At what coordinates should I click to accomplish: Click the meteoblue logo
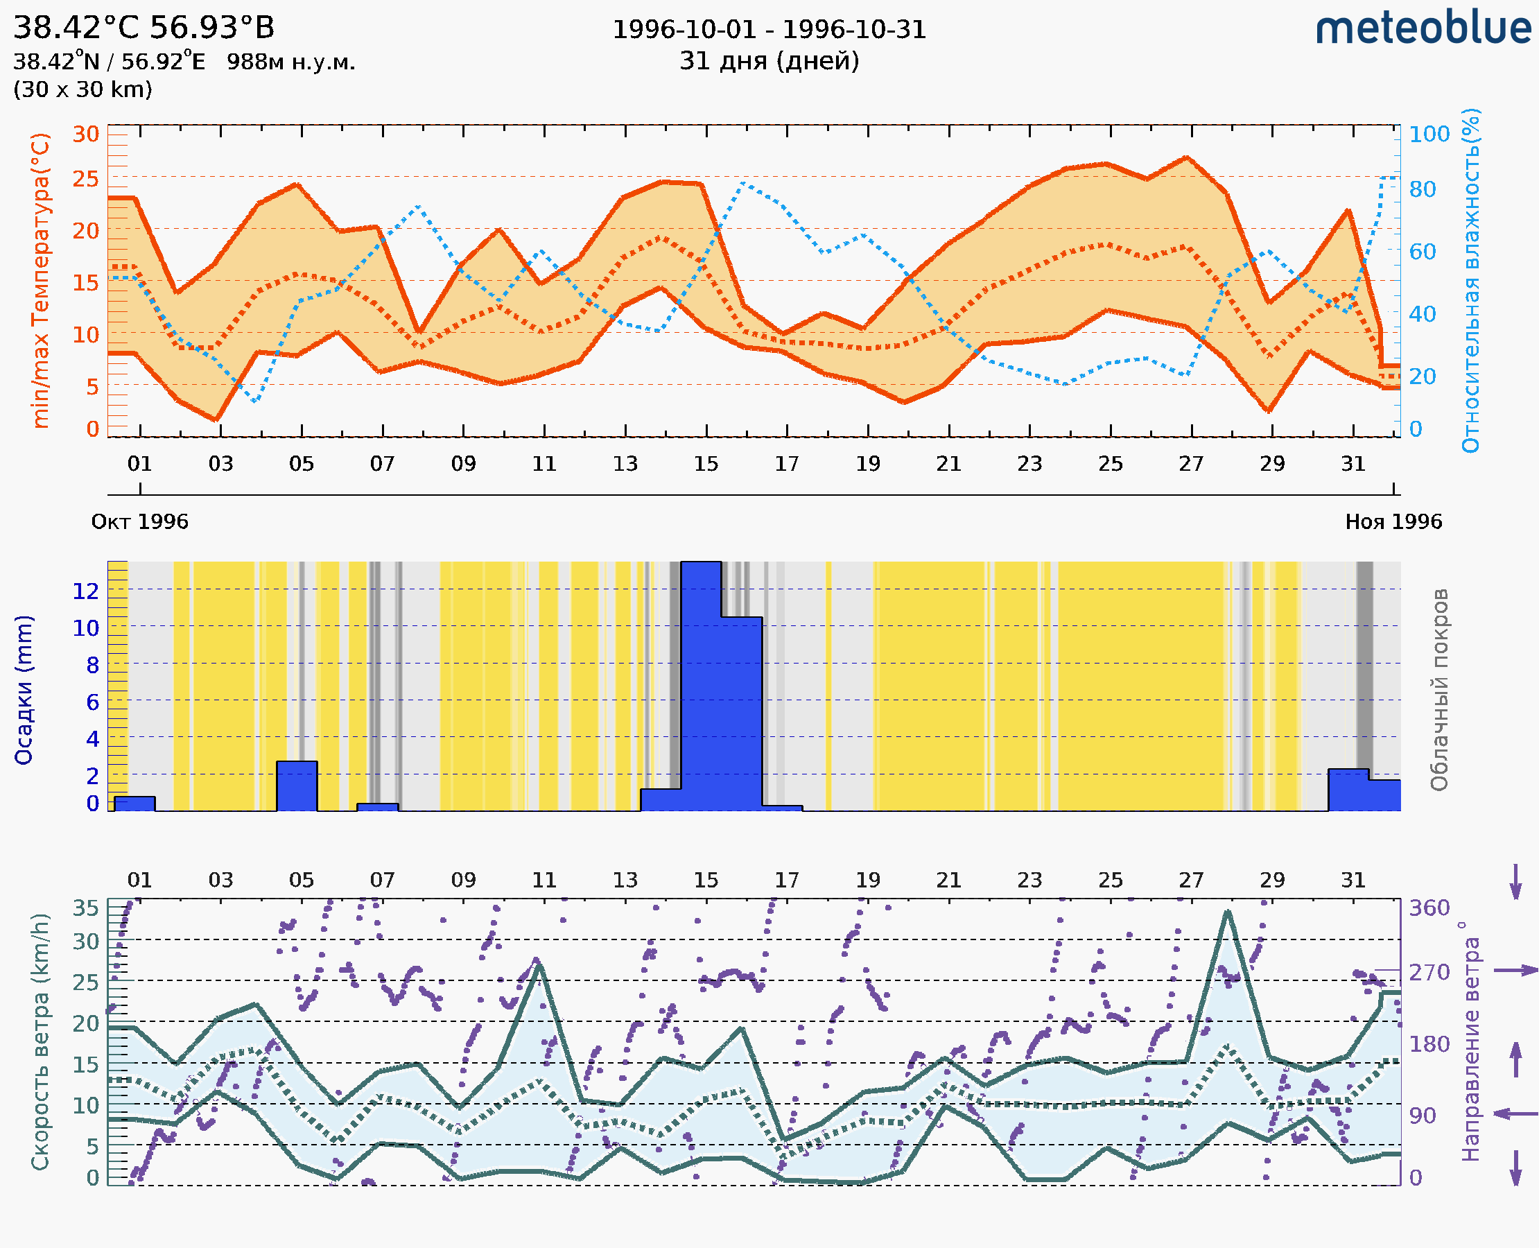[x=1423, y=28]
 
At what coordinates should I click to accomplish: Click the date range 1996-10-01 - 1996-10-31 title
[x=768, y=30]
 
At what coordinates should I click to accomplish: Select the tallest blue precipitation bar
[x=701, y=686]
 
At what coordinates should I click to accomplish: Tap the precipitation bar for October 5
[x=297, y=786]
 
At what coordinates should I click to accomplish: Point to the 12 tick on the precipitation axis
[x=85, y=591]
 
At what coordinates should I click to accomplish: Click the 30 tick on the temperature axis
[x=85, y=134]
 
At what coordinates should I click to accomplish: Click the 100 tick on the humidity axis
[x=1429, y=134]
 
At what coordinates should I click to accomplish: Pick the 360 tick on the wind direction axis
[x=1429, y=908]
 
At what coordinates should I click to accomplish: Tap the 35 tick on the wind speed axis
[x=85, y=908]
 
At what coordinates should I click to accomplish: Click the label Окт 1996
[x=139, y=521]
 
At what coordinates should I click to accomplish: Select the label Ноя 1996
[x=1393, y=521]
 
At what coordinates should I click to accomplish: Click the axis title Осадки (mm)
[x=24, y=690]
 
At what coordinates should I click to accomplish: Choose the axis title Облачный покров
[x=1438, y=690]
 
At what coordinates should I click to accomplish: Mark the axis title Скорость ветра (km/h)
[x=40, y=1041]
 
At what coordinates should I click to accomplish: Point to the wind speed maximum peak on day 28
[x=1228, y=912]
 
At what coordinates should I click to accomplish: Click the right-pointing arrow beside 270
[x=1515, y=971]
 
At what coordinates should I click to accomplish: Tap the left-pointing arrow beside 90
[x=1515, y=1113]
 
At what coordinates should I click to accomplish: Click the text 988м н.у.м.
[x=291, y=62]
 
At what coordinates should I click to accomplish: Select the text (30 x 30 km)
[x=82, y=89]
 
